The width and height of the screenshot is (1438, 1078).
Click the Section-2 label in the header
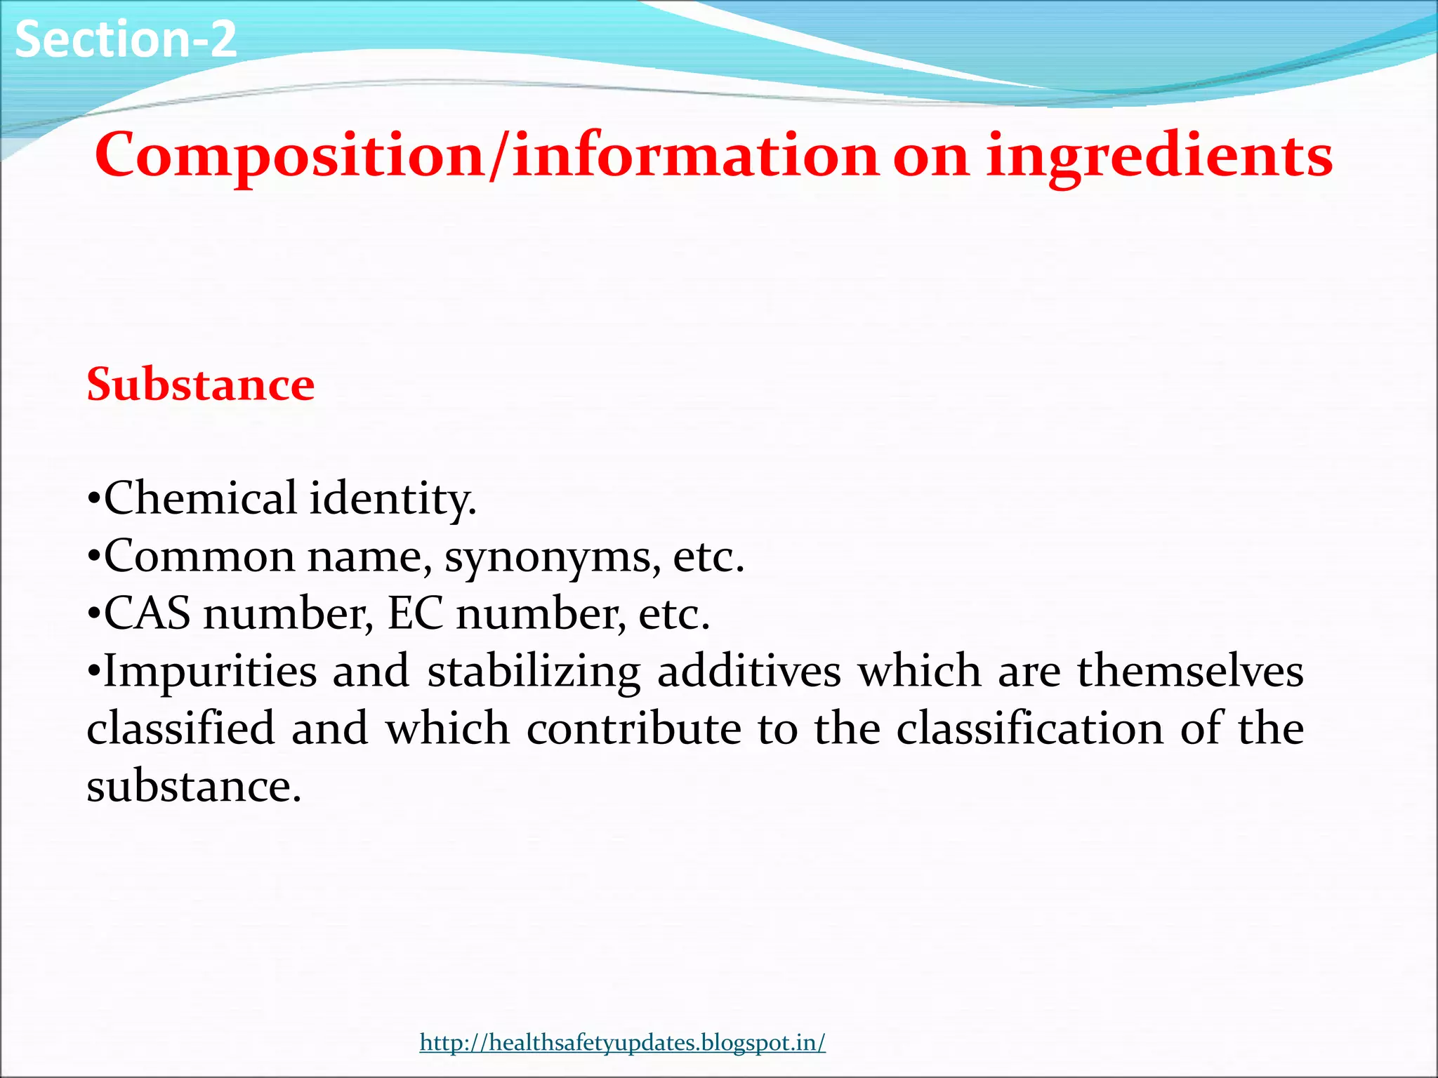(125, 39)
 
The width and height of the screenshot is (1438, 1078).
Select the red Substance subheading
(201, 385)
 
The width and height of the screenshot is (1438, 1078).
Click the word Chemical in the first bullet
(200, 498)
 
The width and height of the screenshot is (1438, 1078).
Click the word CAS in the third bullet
(147, 613)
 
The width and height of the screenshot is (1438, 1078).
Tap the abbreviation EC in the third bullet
(415, 613)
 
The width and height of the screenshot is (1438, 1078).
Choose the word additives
(749, 671)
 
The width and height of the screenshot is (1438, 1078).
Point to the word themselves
(1191, 671)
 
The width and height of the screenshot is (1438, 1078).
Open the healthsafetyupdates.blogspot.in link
(622, 1042)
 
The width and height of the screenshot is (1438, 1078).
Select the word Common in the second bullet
(199, 557)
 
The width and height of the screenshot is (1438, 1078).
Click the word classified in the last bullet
(180, 728)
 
